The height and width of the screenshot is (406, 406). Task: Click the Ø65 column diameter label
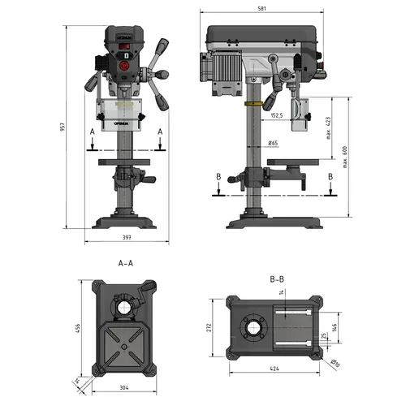click(x=274, y=144)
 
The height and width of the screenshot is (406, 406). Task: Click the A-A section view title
click(x=126, y=264)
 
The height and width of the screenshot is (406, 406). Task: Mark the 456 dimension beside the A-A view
click(x=79, y=327)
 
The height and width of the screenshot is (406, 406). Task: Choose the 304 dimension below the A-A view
click(x=124, y=387)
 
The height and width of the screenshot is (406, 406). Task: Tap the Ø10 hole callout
click(x=336, y=362)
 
